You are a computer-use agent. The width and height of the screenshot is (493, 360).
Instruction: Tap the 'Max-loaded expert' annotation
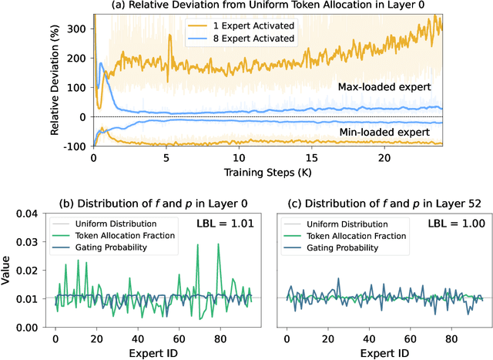(384, 87)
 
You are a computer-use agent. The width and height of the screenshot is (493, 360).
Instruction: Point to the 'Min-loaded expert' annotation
(385, 133)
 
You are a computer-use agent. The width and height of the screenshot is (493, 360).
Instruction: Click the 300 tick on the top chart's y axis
(75, 28)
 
